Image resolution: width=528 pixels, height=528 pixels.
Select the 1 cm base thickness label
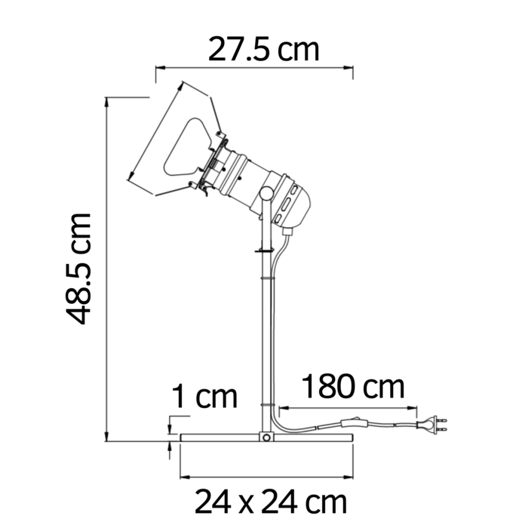[204, 396]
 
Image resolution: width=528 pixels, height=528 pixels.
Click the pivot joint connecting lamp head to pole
[266, 195]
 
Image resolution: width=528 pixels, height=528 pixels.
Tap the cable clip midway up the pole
[264, 278]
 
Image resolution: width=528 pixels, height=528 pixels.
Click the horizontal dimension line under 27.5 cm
[254, 68]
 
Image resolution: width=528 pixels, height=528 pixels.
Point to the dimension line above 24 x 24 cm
[266, 477]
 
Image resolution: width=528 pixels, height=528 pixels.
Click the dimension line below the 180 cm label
[347, 407]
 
